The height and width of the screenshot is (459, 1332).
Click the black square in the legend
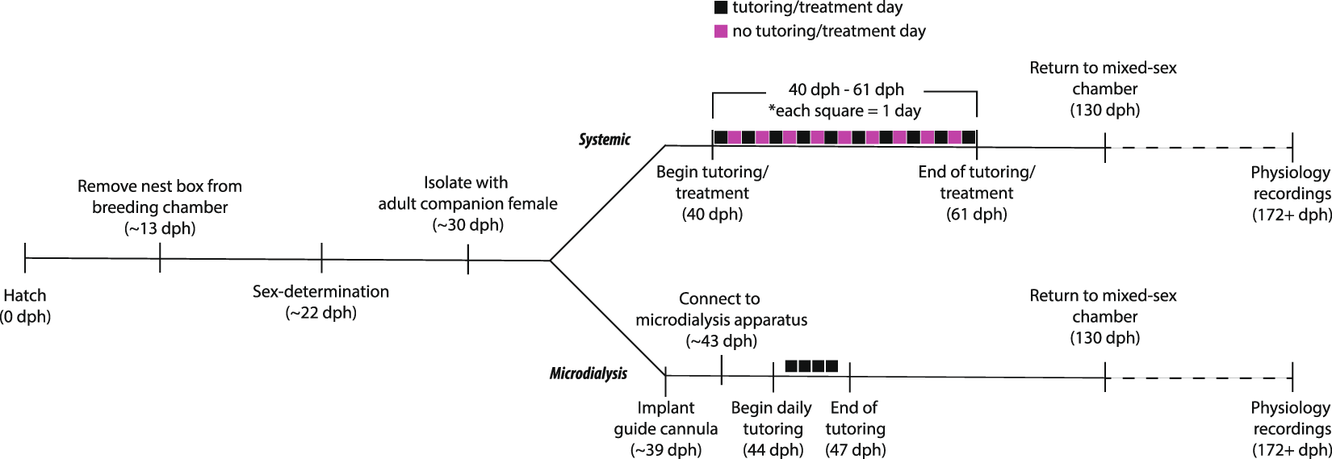tap(721, 8)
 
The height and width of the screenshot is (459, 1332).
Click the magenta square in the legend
tap(721, 31)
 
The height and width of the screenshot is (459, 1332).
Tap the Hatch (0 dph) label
tap(26, 306)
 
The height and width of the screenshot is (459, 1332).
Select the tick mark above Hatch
tap(25, 257)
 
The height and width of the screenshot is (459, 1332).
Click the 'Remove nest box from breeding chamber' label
tap(160, 207)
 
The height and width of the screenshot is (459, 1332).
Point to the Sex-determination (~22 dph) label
tap(320, 302)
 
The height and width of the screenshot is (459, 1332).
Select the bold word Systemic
tap(604, 140)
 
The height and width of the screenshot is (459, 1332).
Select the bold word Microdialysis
tap(588, 373)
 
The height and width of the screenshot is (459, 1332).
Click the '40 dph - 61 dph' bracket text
tap(845, 90)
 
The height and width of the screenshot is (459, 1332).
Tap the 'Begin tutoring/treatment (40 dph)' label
tap(712, 193)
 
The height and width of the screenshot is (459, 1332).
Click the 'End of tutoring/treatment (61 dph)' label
tap(976, 193)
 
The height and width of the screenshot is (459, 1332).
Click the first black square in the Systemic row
tap(720, 137)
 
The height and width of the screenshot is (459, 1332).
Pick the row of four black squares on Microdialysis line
tap(811, 366)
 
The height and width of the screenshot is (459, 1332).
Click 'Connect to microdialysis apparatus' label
tap(721, 319)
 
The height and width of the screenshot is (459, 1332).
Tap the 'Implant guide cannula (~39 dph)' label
tap(665, 428)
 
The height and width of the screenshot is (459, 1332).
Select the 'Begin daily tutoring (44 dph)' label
tap(772, 428)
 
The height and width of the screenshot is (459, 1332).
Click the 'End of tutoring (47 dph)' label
tap(855, 428)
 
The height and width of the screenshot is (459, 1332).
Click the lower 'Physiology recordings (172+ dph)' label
tap(1291, 428)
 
